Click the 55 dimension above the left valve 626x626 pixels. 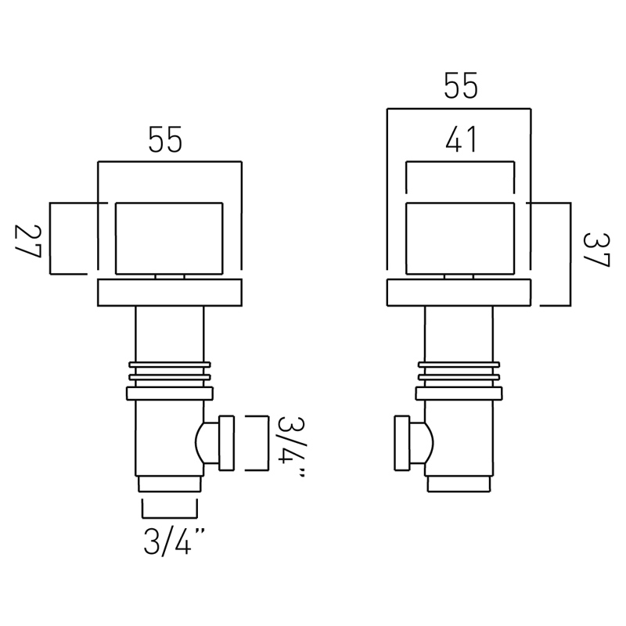165,139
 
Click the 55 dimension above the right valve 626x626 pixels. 461,86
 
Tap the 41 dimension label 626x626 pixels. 461,139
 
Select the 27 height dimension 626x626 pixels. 28,241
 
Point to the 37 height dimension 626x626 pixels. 596,250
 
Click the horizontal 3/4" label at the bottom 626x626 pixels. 174,541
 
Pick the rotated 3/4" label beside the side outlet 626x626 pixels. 291,447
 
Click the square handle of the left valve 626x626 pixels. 169,239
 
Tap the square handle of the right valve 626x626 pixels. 460,239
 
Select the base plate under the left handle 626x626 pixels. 170,293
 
